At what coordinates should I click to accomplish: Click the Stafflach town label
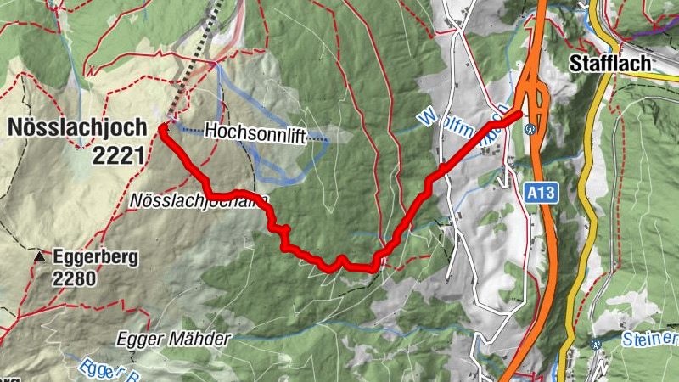point(609,63)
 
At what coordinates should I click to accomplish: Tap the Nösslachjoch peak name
point(75,127)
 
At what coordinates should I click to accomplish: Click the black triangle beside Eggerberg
point(39,256)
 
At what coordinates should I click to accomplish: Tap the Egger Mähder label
point(174,340)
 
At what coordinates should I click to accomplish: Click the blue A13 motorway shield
point(540,194)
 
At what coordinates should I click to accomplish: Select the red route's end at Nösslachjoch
point(162,129)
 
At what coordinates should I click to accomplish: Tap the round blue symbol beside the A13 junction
point(531,129)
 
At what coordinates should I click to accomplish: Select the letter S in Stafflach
point(575,63)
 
